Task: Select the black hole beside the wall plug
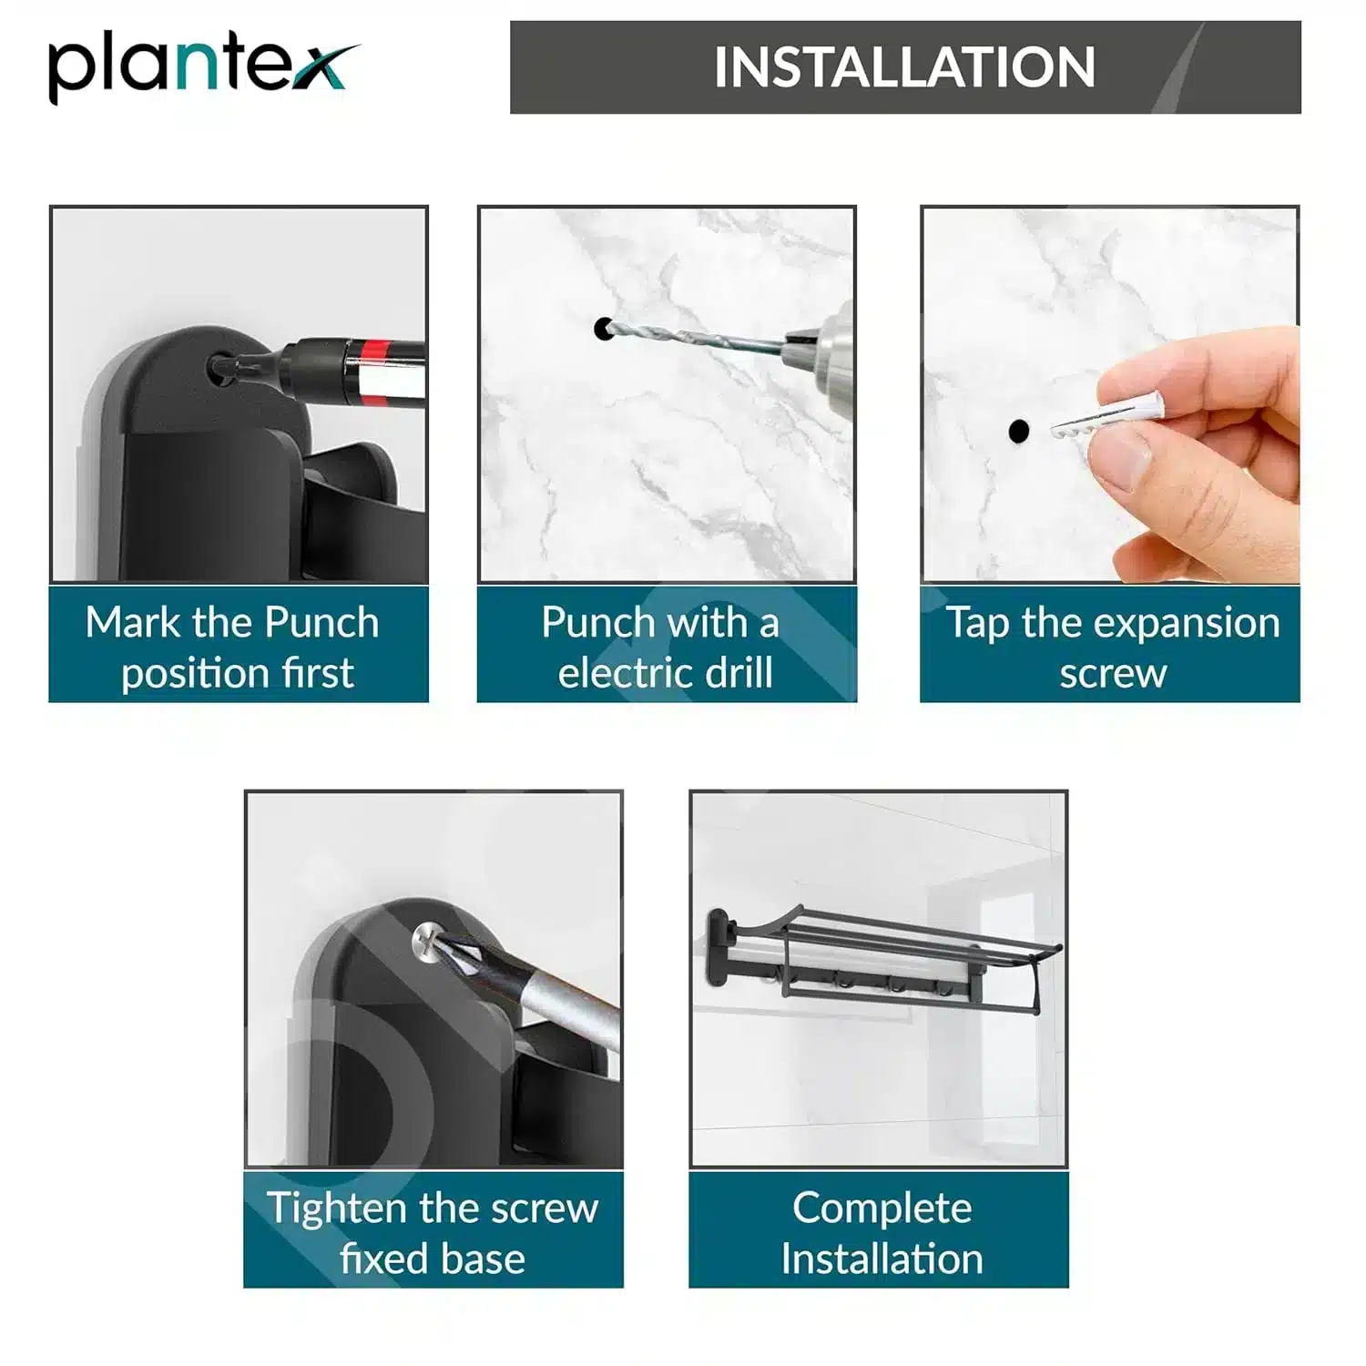1019,430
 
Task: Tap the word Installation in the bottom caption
882,1259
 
